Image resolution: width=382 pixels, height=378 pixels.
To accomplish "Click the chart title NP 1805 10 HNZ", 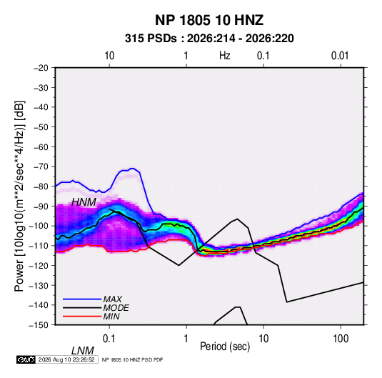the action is tap(209, 20).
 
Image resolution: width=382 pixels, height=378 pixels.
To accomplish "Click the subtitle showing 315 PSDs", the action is tap(209, 39).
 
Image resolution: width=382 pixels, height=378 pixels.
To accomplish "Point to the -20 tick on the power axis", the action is tap(41, 68).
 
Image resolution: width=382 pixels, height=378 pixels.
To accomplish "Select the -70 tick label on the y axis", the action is tap(41, 166).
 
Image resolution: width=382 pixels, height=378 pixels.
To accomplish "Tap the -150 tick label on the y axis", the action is tap(39, 325).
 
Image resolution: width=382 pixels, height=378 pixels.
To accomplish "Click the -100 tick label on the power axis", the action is tap(39, 226).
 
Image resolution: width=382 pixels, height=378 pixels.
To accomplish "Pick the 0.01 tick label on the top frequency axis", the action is tap(340, 56).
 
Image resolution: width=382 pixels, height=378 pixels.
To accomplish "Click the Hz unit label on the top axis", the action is tap(225, 56).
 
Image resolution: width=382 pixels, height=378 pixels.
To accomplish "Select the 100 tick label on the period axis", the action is tap(341, 339).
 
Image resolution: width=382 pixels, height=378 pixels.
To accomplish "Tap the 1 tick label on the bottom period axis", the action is tap(186, 339).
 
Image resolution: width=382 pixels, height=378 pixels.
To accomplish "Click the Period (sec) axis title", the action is tap(225, 347).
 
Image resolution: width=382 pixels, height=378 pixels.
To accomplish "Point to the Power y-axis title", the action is tap(19, 197).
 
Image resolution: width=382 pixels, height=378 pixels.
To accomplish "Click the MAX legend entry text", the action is tap(113, 299).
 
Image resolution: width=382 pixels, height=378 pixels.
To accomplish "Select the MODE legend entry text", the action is tap(116, 308).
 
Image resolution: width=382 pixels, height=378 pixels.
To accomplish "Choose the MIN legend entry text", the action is tap(111, 317).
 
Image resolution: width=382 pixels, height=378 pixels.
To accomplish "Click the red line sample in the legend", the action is tap(82, 317).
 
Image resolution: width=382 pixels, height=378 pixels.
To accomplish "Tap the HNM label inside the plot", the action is tap(84, 202).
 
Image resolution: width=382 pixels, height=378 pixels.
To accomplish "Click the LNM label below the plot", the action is tap(83, 351).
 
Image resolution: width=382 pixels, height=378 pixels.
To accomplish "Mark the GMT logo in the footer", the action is tap(26, 359).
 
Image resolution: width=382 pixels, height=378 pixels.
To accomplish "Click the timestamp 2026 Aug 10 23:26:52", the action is tap(66, 359).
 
